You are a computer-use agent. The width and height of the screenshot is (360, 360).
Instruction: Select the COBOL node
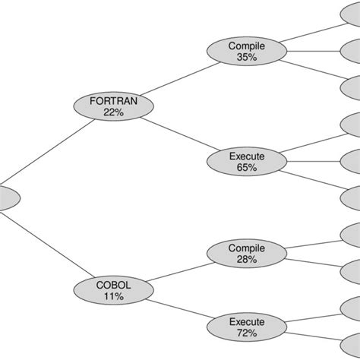[x=113, y=290]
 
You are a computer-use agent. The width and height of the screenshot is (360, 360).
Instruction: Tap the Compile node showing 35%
[x=236, y=52]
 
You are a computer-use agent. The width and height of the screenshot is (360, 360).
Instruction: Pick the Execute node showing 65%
[x=236, y=161]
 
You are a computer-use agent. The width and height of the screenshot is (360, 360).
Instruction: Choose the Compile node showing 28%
[x=236, y=254]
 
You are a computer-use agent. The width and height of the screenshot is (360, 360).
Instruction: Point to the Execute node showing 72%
[x=236, y=327]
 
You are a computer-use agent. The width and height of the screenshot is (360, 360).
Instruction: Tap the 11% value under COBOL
[x=113, y=296]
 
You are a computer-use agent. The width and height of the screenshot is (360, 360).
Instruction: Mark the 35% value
[x=236, y=57]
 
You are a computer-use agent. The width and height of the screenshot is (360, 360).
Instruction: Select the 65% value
[x=236, y=167]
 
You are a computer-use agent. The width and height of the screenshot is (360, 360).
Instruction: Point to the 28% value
[x=236, y=260]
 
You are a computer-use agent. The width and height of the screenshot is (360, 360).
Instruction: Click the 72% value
[x=236, y=333]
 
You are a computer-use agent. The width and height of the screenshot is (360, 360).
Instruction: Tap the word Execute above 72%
[x=236, y=321]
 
